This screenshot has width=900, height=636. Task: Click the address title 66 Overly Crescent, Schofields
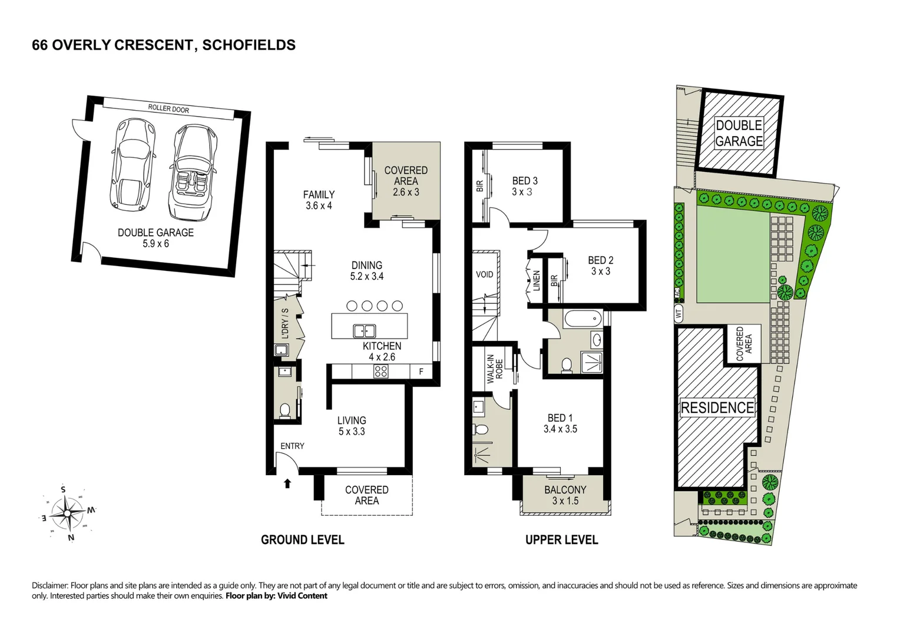point(164,45)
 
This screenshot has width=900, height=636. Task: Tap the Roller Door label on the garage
point(168,109)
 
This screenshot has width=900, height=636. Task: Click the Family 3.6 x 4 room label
point(319,200)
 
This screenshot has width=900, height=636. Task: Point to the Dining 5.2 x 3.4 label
point(367,271)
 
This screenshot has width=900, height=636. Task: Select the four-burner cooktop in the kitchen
point(381,372)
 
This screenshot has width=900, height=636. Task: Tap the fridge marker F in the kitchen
point(421,372)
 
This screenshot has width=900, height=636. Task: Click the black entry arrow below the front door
point(287,483)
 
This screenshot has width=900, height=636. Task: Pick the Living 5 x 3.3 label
point(352,426)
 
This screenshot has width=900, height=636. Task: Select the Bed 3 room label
point(524,186)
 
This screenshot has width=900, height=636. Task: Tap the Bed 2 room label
point(601,266)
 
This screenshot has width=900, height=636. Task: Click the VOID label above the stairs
point(485,274)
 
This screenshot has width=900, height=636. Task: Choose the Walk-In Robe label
point(494,372)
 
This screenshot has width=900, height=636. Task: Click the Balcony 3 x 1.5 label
point(565,495)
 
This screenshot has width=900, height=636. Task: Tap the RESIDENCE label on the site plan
point(717,408)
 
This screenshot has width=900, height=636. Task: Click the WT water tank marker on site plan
point(679,314)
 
